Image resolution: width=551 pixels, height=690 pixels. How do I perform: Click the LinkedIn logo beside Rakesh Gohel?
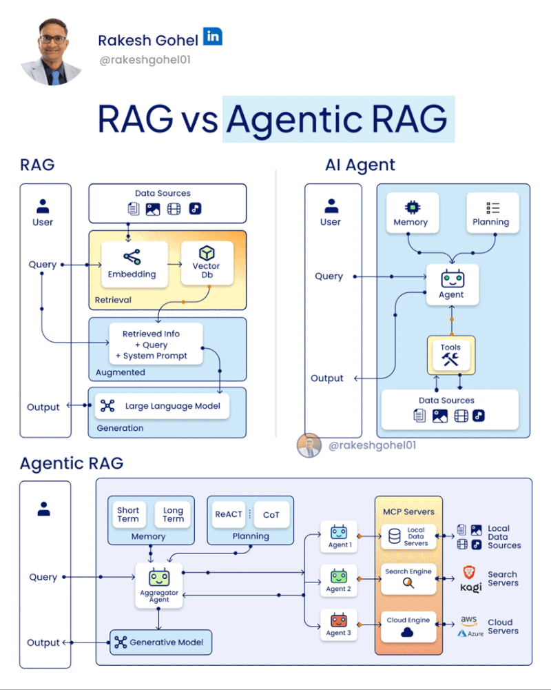[213, 37]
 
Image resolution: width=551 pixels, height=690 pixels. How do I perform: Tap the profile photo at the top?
[51, 52]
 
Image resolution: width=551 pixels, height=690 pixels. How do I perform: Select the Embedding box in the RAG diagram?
[132, 264]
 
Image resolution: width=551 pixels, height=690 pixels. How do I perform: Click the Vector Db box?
[205, 264]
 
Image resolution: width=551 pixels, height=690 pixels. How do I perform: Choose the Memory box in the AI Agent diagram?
[410, 213]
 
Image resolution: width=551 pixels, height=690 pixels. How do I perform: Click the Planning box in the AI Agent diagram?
[491, 213]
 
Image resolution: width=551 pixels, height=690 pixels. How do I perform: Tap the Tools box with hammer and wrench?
[450, 355]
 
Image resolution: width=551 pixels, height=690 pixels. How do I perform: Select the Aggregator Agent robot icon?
[159, 578]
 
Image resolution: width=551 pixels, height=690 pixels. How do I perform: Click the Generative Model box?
[160, 642]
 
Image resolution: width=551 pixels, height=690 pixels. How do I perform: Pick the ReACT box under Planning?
[229, 514]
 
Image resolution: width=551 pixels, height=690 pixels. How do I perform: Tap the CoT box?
[271, 514]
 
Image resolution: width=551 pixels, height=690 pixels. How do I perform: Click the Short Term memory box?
[128, 515]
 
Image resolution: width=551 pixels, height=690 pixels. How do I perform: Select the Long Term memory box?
[173, 515]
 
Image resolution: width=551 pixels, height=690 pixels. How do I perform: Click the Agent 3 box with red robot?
[339, 623]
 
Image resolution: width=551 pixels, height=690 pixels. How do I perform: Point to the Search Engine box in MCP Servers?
[408, 578]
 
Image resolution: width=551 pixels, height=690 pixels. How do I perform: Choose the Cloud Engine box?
[408, 627]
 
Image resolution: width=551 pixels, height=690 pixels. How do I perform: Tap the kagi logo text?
[470, 588]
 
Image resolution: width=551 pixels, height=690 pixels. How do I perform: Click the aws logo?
[469, 620]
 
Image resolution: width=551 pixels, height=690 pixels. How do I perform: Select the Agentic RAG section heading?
[72, 463]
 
